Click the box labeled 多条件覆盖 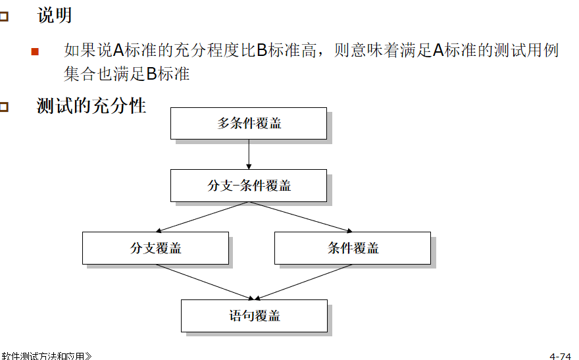(248, 123)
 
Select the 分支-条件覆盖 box (248, 186)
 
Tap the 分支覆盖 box (155, 248)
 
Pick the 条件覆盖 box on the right (352, 248)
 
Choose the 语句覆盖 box (254, 316)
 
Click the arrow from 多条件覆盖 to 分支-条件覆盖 (249, 154)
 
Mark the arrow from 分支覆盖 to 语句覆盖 (204, 281)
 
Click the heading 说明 (55, 16)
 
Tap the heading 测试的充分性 (91, 105)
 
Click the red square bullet (35, 51)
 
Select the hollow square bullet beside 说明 (4, 17)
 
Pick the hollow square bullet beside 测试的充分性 (4, 107)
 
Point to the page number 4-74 (560, 356)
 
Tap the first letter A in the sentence (118, 50)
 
